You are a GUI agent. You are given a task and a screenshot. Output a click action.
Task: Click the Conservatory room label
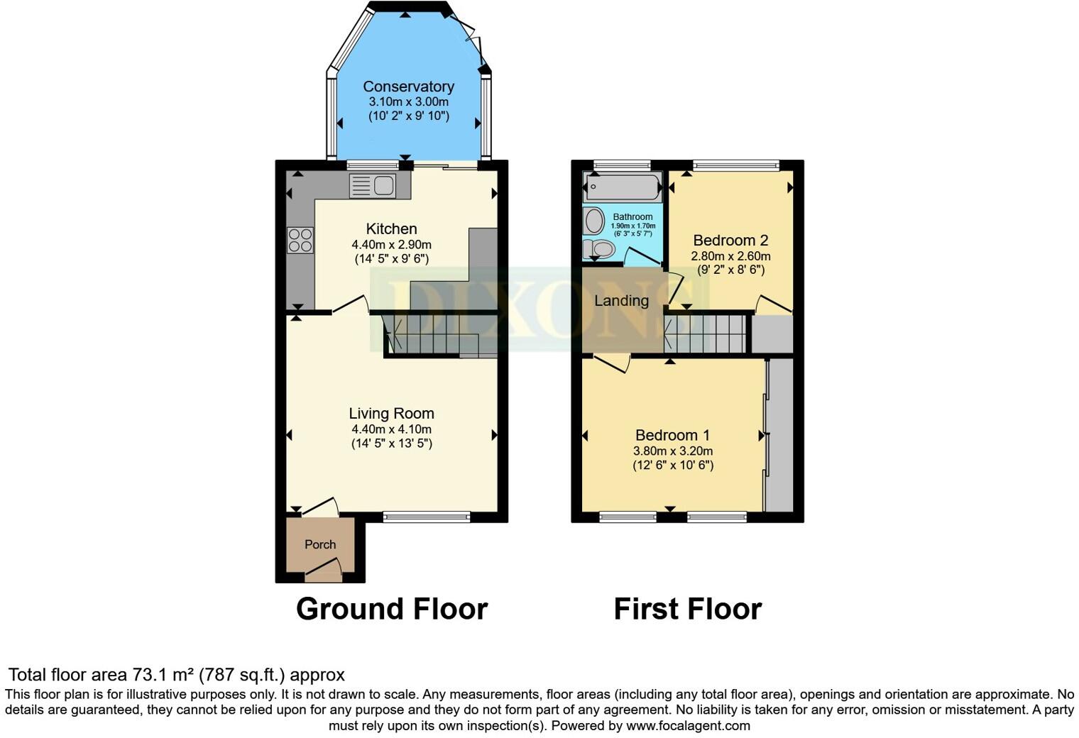[408, 87]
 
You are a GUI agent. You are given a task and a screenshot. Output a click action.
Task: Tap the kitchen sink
[373, 186]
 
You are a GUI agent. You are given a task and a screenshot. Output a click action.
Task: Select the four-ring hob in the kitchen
[300, 240]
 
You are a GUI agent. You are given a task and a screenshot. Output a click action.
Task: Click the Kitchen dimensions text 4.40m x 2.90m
[391, 244]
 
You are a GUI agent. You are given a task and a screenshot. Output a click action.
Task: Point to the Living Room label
[391, 414]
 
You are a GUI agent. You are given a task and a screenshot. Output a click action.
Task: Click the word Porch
[320, 544]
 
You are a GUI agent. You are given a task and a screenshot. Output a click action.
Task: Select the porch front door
[323, 568]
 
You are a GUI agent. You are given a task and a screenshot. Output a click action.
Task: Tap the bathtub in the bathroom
[622, 188]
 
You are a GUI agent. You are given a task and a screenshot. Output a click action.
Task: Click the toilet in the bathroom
[598, 249]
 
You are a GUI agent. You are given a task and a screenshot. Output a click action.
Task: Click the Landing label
[621, 301]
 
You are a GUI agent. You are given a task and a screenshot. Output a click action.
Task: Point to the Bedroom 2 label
[730, 241]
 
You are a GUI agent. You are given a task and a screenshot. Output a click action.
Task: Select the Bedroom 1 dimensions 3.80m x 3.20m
[673, 451]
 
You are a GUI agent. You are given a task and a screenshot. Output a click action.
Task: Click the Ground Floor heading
[391, 609]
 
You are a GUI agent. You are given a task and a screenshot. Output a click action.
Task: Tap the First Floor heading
[687, 609]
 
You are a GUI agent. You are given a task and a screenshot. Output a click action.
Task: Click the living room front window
[427, 517]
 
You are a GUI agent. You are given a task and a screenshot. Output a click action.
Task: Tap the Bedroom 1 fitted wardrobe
[779, 435]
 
